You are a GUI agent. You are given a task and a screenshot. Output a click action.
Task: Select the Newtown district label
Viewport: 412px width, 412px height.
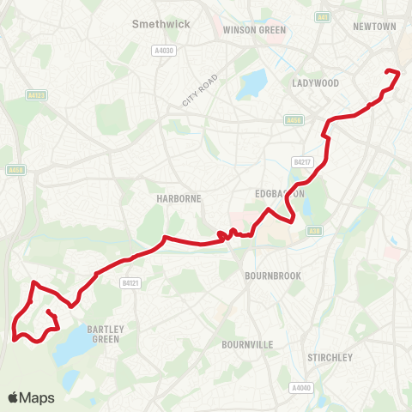point(374,27)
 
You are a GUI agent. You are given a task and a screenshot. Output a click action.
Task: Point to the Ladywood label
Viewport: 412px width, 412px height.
point(316,83)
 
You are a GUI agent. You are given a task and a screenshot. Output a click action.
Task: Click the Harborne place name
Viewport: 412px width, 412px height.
point(179,198)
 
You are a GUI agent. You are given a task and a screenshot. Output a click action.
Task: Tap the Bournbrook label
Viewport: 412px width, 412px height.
point(270,276)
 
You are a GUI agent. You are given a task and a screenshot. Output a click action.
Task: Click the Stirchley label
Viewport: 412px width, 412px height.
point(330,357)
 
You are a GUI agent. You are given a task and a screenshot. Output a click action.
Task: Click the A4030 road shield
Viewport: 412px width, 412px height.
point(163,51)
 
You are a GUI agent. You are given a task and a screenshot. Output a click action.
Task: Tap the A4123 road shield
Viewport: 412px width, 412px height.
point(35,95)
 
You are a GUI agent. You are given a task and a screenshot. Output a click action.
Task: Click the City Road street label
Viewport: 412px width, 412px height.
point(199,90)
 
